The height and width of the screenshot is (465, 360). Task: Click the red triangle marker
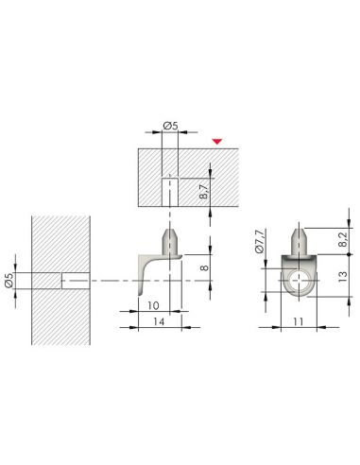click(217, 141)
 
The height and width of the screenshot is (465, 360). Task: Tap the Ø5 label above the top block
click(170, 126)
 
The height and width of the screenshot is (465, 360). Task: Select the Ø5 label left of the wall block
click(9, 280)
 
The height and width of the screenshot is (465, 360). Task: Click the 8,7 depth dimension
click(204, 191)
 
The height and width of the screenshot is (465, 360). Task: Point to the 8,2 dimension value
click(343, 239)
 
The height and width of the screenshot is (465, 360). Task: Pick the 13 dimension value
click(343, 276)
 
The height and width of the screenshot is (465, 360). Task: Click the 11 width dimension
click(298, 321)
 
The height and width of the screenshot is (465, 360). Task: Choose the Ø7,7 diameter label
click(259, 241)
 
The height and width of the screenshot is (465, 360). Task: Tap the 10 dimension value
click(153, 305)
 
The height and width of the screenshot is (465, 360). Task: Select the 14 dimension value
click(159, 321)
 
